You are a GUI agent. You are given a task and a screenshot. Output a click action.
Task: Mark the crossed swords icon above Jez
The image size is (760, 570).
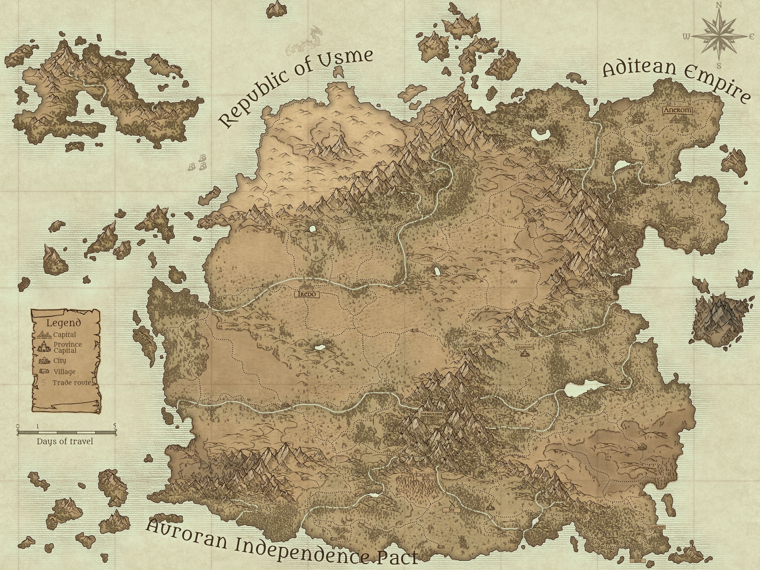451,504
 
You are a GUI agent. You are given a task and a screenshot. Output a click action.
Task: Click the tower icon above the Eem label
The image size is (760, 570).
638,555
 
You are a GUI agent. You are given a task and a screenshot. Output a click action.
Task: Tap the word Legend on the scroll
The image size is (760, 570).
64,323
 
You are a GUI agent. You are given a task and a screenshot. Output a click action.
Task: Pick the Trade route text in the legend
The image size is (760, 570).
71,383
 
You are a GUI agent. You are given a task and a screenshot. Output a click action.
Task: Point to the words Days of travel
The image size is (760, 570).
65,441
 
